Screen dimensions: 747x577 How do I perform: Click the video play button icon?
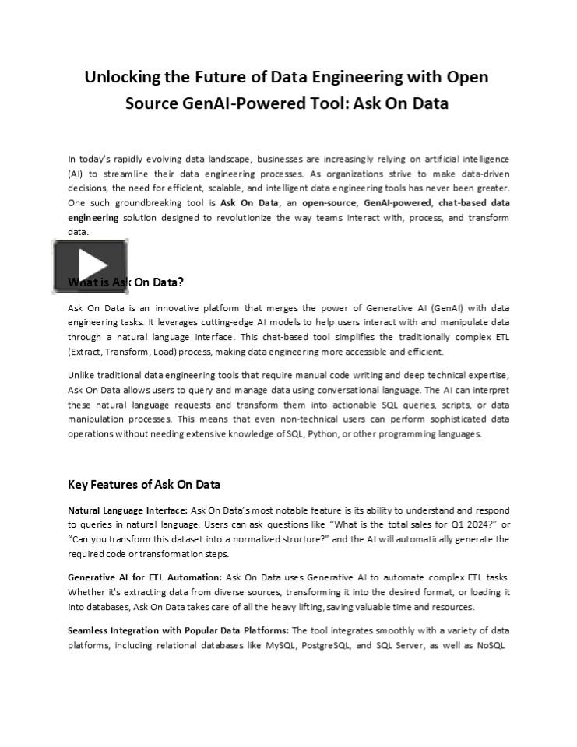pos(90,266)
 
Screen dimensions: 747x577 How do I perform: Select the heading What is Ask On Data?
pos(126,282)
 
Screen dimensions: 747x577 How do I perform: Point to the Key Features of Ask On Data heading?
pos(144,484)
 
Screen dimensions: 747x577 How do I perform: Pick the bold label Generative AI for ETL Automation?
pos(145,577)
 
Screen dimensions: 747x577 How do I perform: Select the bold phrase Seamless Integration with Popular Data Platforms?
pos(178,630)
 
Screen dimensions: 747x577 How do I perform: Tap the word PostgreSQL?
pos(326,645)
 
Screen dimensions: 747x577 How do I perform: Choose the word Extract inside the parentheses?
pos(86,352)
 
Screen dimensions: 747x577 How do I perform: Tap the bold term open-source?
pos(329,202)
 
